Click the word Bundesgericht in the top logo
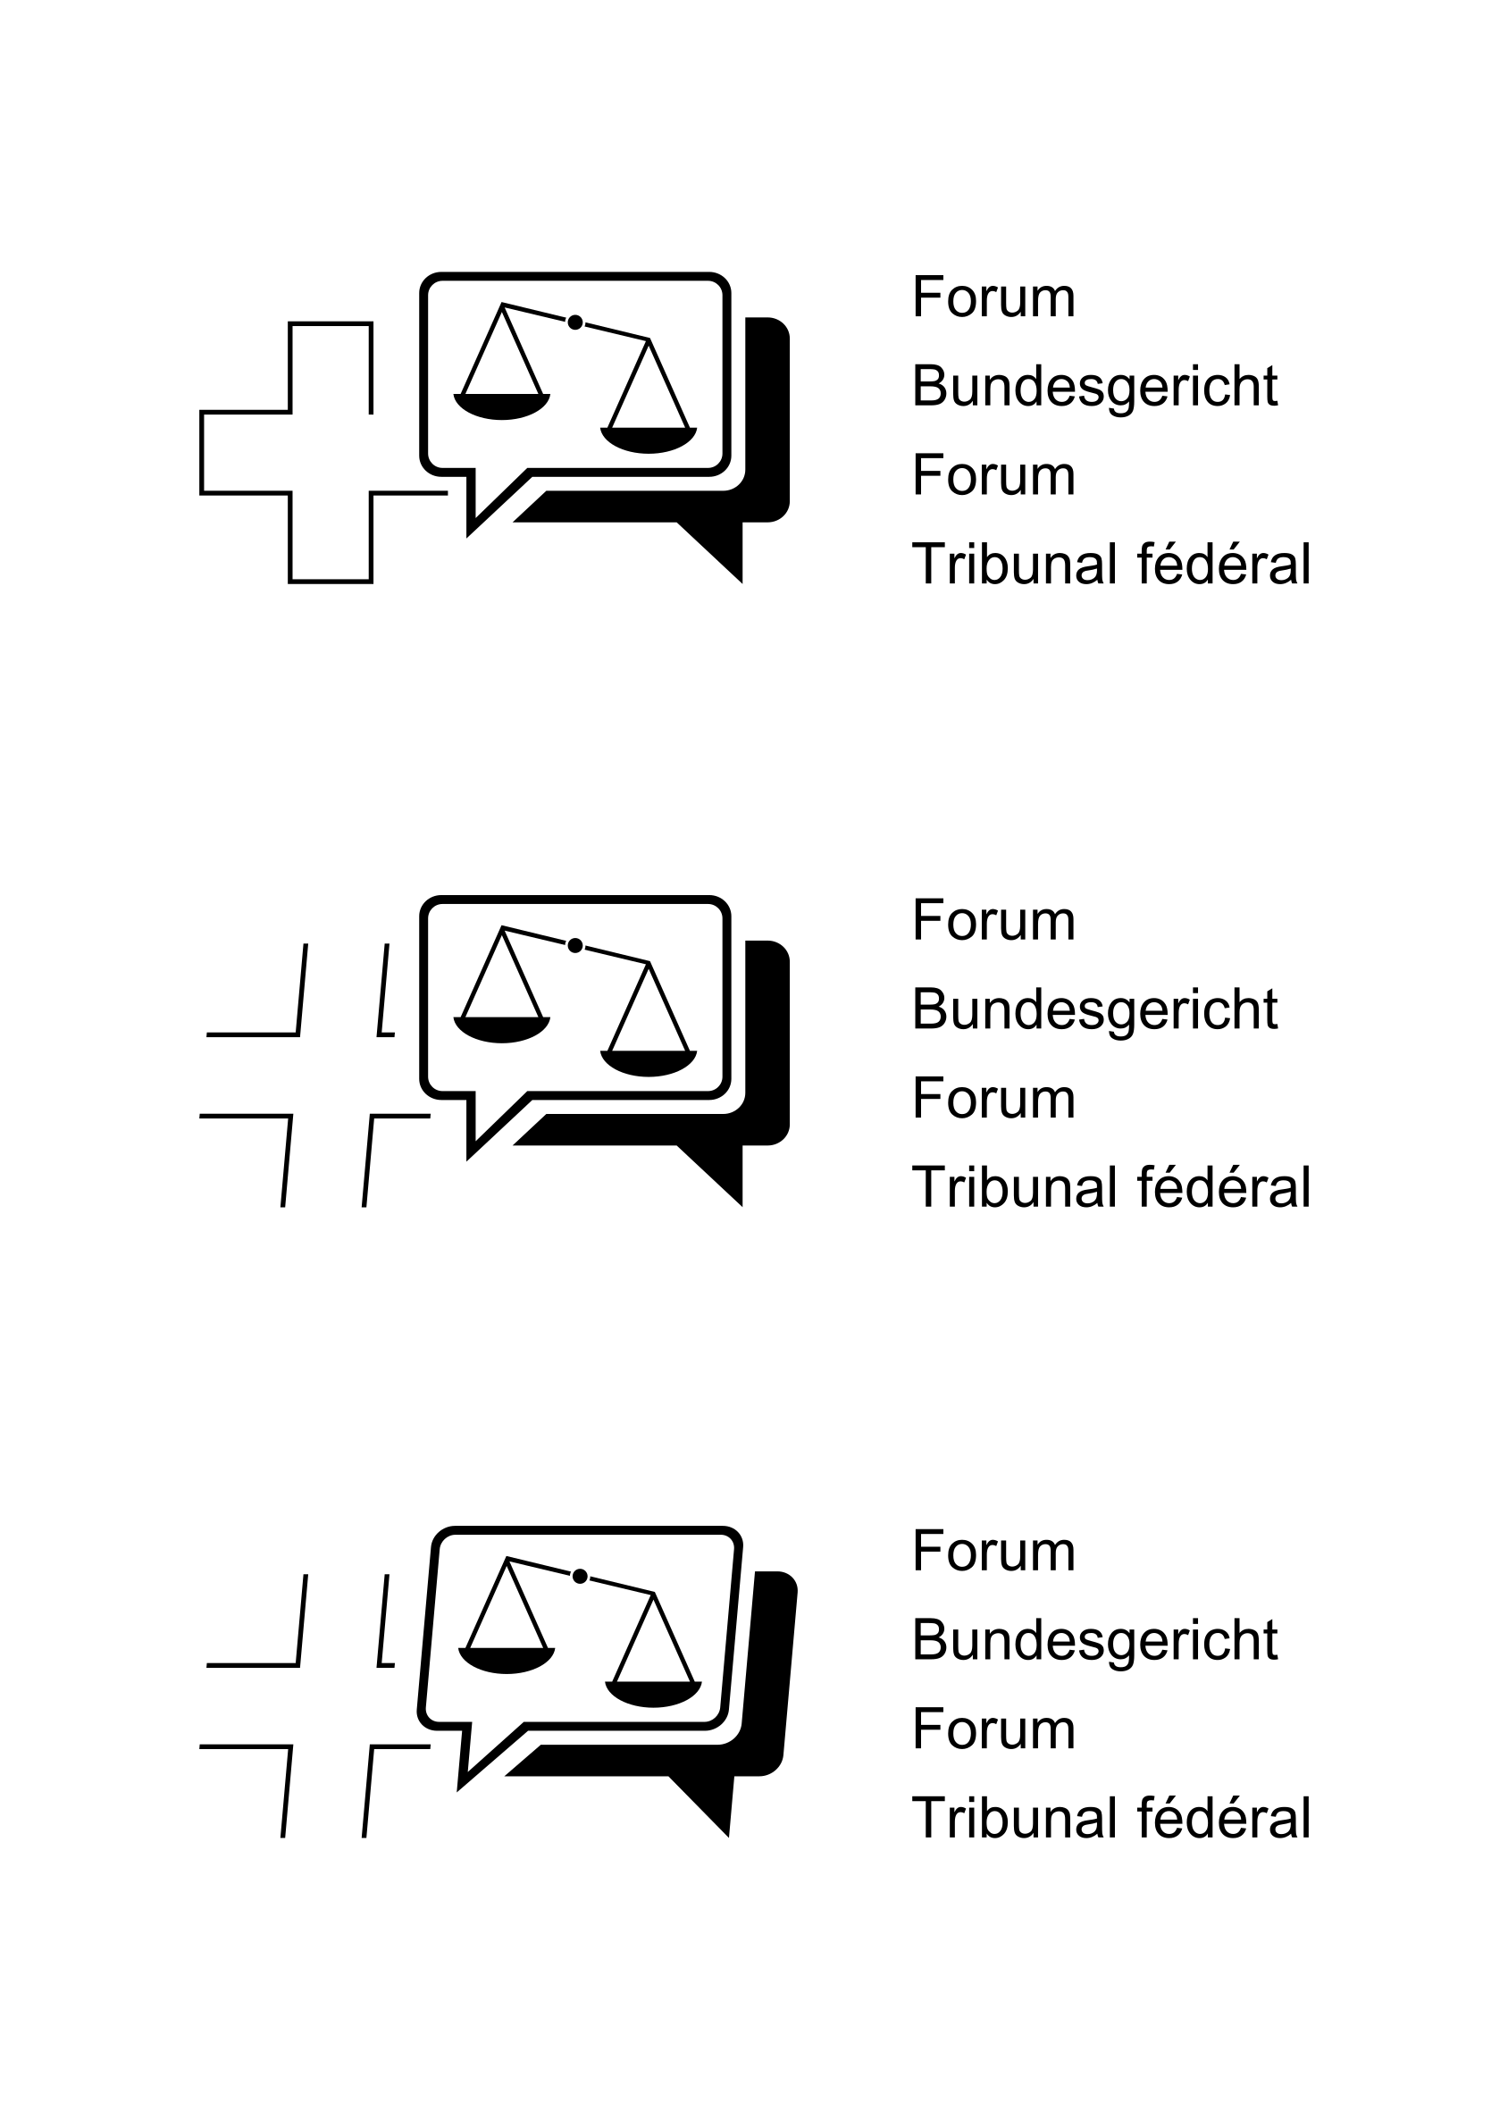pos(1094,388)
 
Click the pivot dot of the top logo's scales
pos(574,322)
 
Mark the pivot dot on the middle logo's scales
pos(574,945)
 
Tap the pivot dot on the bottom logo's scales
pos(581,1575)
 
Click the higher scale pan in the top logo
pos(501,406)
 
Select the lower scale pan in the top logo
pos(649,440)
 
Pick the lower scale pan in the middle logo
pos(649,1063)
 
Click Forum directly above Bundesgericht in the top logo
pos(993,297)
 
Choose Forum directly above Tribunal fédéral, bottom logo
pos(993,1729)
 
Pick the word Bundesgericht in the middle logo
pos(1094,1011)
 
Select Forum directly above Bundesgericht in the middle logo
pos(993,920)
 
